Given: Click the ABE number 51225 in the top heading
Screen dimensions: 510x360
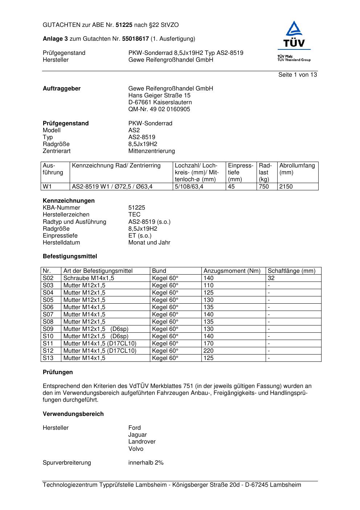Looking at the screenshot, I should [x=124, y=25].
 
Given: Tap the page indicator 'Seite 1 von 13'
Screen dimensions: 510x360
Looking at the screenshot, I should [x=298, y=74].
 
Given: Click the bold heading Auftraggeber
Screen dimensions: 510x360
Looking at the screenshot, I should [x=62, y=88].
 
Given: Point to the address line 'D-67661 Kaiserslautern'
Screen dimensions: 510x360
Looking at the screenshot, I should [x=160, y=102].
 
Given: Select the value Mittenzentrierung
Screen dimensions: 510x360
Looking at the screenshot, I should [x=151, y=151].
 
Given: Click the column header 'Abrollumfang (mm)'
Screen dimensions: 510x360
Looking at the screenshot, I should [x=297, y=169].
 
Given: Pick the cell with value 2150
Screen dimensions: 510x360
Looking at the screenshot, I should [x=286, y=186].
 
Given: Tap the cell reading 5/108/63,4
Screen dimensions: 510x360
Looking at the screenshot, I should [x=189, y=186].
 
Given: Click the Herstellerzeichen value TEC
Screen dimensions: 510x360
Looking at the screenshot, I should [x=134, y=214].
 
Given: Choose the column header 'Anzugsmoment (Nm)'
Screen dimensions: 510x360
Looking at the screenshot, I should [x=232, y=271].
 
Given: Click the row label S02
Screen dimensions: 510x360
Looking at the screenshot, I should [x=48, y=278].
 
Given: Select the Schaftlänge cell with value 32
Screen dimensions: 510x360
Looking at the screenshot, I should [x=271, y=278].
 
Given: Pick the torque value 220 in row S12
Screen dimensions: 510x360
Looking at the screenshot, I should [x=209, y=351].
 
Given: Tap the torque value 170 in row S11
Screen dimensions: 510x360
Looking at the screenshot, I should [x=209, y=343].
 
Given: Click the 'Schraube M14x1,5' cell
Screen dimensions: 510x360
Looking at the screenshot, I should [x=89, y=278].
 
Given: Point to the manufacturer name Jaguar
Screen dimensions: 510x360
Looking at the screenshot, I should [x=138, y=434].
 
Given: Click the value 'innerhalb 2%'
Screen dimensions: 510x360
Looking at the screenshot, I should [x=146, y=462].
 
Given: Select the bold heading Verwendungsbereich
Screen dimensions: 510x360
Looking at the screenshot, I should [x=73, y=414].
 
